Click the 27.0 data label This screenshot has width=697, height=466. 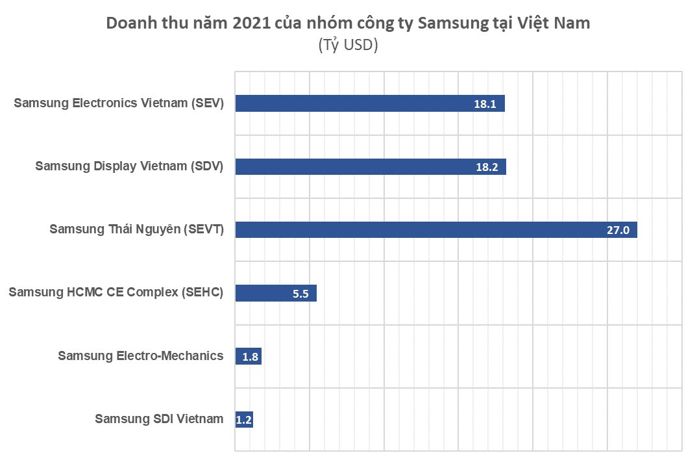(618, 230)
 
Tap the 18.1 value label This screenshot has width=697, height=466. (485, 103)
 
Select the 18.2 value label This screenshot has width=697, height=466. (486, 166)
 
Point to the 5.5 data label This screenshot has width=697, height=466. (300, 294)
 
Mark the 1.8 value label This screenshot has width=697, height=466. (251, 357)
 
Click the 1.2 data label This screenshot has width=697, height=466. (243, 420)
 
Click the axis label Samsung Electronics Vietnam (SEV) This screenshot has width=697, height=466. (119, 103)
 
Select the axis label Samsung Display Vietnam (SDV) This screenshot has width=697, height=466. (129, 166)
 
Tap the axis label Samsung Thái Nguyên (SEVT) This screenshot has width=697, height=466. (136, 229)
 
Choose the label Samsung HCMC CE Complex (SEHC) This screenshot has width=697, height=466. (116, 292)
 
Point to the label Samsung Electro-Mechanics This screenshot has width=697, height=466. (141, 356)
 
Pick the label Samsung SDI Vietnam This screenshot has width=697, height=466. (159, 419)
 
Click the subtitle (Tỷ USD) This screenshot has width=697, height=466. (348, 46)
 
